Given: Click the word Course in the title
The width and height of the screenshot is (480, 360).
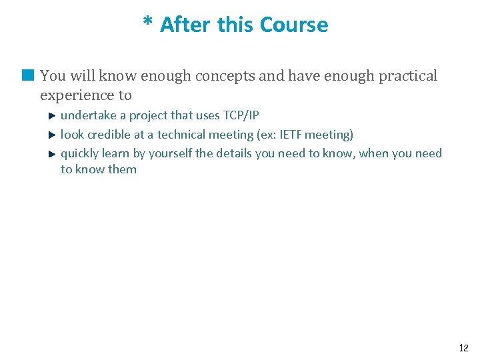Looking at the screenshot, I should click(x=294, y=25).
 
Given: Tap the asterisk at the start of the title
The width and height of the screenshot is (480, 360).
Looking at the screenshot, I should click(x=148, y=23).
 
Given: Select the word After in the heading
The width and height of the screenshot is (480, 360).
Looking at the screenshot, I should click(x=185, y=25).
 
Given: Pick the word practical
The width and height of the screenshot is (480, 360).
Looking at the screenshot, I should click(x=408, y=76).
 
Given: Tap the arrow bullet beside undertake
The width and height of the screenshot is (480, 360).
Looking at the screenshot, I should click(x=53, y=116).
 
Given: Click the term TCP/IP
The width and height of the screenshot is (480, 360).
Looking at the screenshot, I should click(x=241, y=115).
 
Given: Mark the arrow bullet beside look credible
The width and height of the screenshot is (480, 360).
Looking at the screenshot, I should click(x=53, y=135).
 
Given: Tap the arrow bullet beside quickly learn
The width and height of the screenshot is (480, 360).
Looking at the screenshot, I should click(x=53, y=153).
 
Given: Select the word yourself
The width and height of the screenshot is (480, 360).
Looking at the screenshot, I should click(x=170, y=154).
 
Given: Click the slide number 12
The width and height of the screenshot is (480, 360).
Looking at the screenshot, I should click(x=464, y=348).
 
